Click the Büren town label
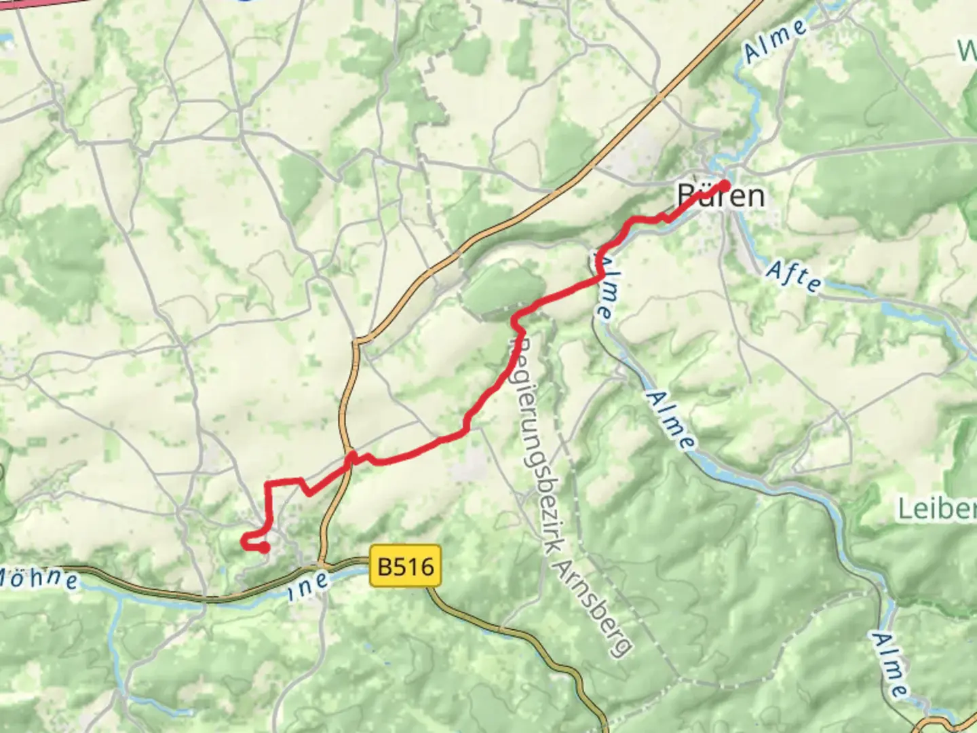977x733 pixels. pos(721,196)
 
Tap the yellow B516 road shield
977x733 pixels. pos(406,566)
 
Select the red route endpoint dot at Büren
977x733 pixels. pos(724,185)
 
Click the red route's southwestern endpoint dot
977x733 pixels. pos(264,547)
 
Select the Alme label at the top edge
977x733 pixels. pos(775,41)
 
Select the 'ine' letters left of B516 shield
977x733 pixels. pos(309,585)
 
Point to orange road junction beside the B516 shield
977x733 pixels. pos(321,563)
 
